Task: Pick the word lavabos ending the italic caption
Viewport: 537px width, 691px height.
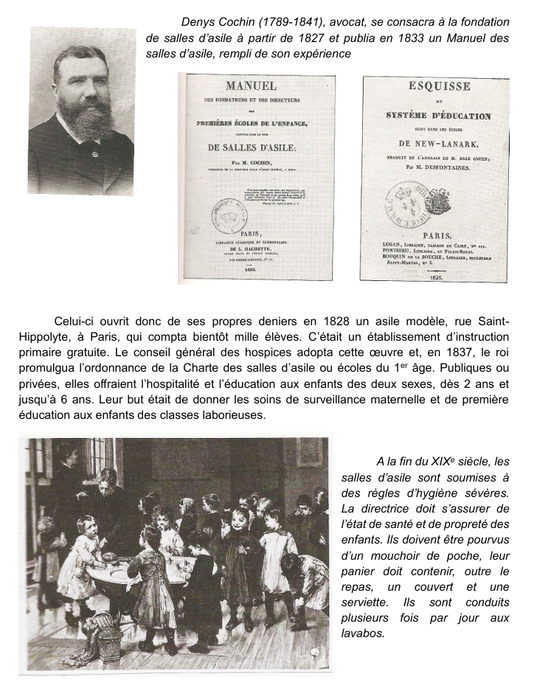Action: click(363, 632)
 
